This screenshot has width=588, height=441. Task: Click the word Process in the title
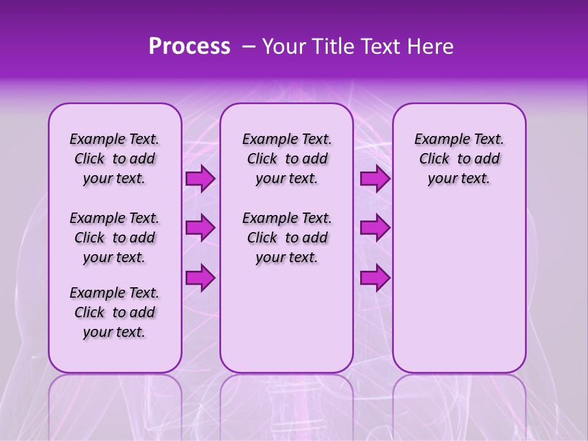pos(189,47)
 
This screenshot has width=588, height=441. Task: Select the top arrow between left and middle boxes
pos(200,179)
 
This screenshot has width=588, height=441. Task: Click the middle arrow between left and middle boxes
pos(200,228)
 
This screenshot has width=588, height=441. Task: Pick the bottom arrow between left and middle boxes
pos(200,277)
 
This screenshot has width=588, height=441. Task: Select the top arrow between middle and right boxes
pos(375,179)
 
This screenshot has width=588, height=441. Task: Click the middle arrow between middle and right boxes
pos(375,228)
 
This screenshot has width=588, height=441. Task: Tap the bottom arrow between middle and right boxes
pos(375,277)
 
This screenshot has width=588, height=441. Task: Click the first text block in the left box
pos(115,159)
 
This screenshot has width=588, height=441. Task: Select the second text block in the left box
pos(115,238)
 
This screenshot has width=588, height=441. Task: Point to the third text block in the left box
pos(115,312)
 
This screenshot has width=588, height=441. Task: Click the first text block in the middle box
pos(287,159)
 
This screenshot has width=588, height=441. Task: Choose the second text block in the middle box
pos(287,238)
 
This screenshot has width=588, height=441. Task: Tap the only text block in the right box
pos(459,159)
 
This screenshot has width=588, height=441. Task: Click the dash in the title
pos(248,47)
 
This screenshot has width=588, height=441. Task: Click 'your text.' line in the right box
pos(459,179)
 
